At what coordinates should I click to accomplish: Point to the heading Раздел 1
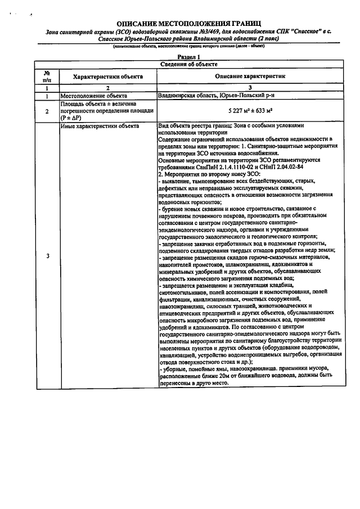pos(189,57)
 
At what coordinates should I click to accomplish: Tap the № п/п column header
pos(47,76)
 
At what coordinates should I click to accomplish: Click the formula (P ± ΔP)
pos(73,118)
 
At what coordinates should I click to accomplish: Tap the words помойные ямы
pos(208,368)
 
